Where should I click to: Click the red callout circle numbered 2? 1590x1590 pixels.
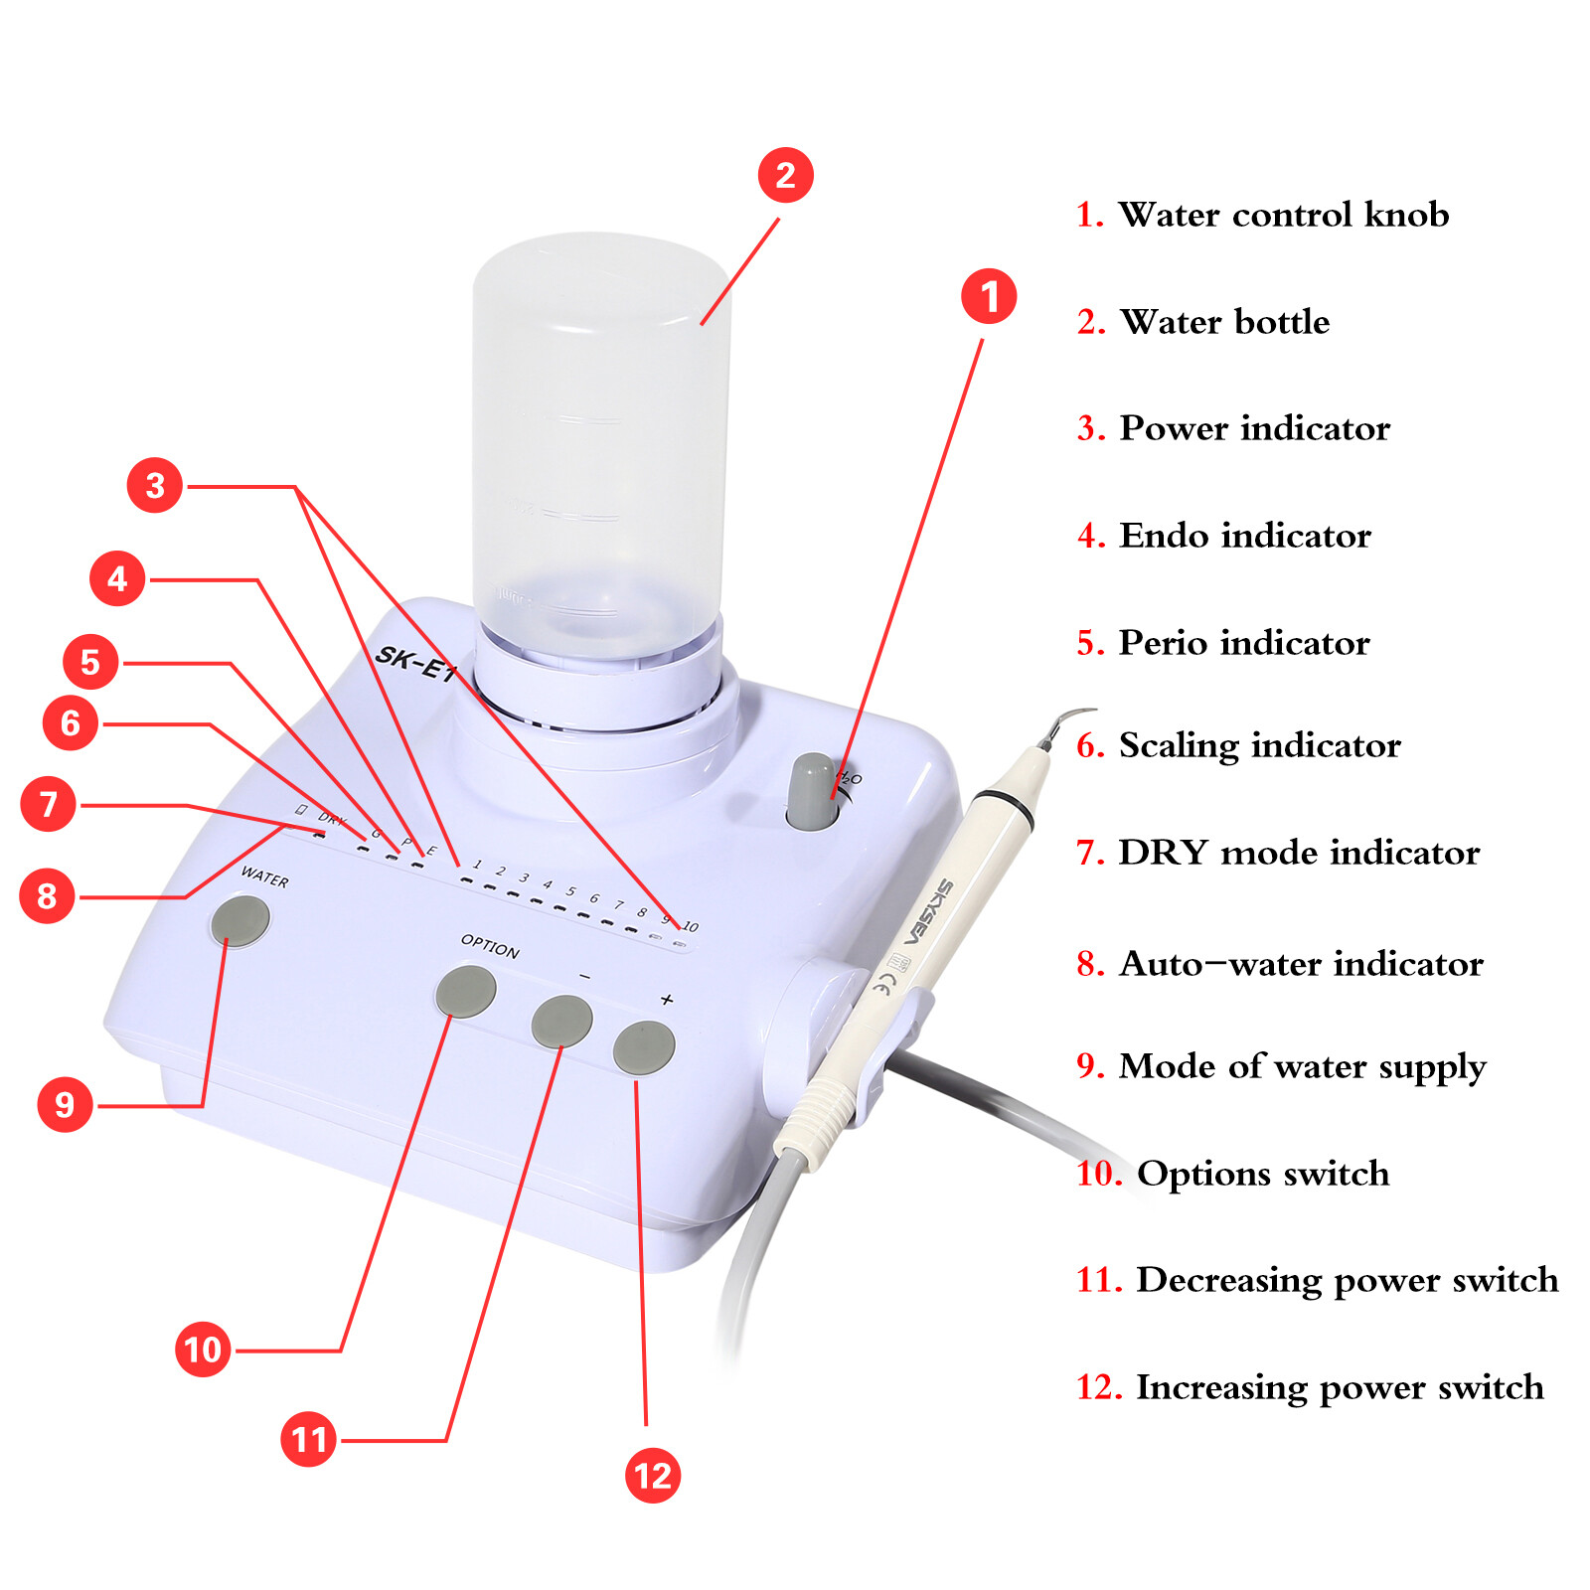click(x=785, y=176)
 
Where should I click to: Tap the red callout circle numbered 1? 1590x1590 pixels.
click(x=989, y=296)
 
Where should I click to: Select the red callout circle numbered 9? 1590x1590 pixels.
click(x=65, y=1104)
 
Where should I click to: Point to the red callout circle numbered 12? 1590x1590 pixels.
click(x=653, y=1475)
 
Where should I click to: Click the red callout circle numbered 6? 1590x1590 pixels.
click(x=71, y=722)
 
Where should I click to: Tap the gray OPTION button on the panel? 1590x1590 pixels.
click(x=466, y=991)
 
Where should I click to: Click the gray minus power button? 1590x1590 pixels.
click(x=561, y=1022)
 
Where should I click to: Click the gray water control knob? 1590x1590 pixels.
click(x=813, y=792)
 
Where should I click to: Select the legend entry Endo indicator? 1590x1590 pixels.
click(x=1244, y=536)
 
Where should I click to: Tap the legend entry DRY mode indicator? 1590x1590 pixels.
click(x=1298, y=853)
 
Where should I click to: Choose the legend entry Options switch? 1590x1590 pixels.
click(x=1261, y=1174)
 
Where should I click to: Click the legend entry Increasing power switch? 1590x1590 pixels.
click(x=1339, y=1387)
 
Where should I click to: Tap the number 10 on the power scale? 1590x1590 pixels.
click(x=691, y=926)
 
